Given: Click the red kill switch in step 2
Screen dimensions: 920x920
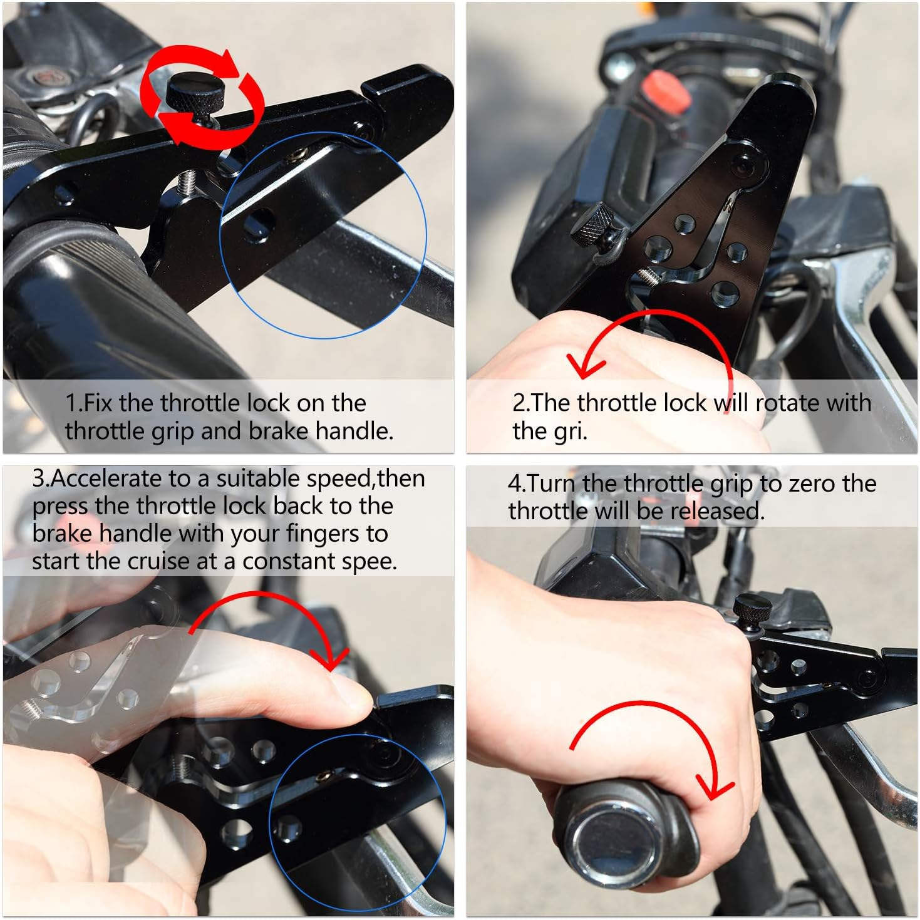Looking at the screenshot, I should (x=667, y=93).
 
